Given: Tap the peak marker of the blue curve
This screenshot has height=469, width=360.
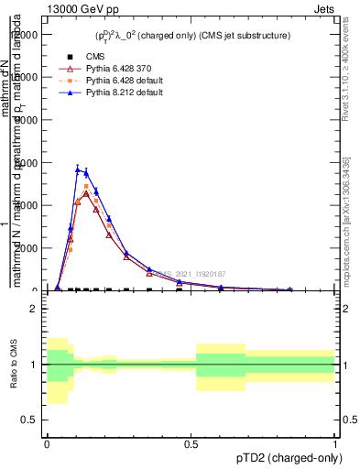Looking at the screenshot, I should (78, 169).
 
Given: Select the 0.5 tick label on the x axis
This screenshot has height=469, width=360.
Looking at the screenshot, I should (191, 443).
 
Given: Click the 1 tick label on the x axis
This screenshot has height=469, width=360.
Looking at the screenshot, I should (335, 443).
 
